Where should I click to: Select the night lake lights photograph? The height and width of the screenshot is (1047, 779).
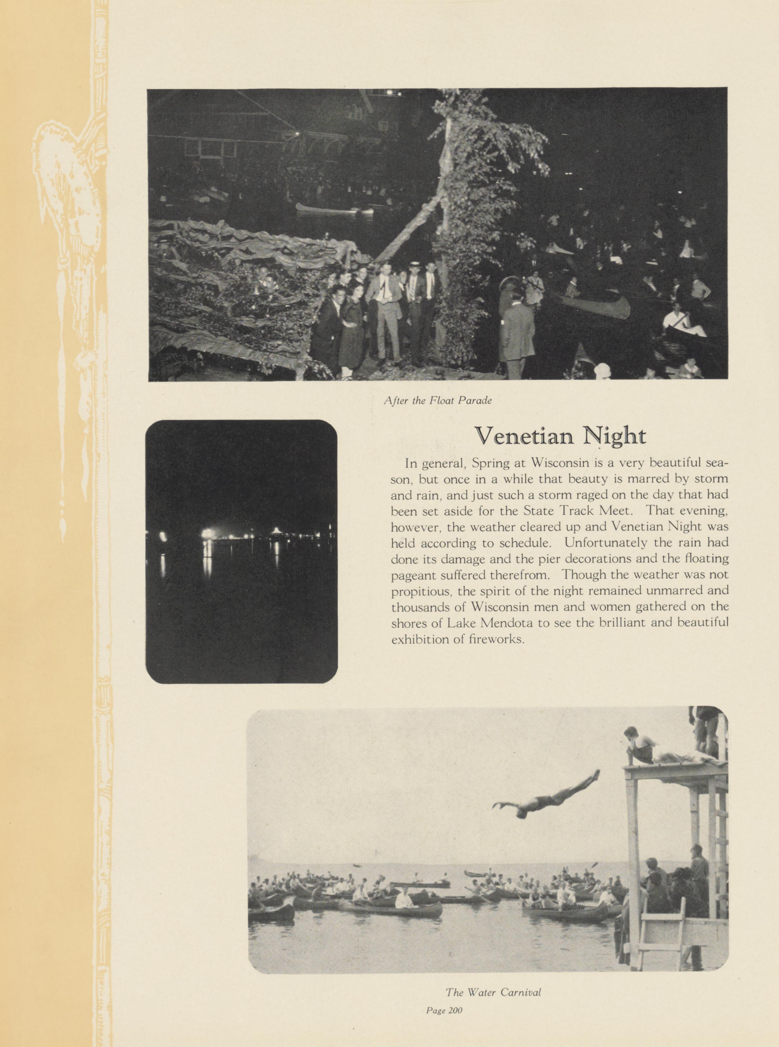click(x=241, y=551)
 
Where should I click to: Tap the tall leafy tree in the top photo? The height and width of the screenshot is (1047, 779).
click(x=476, y=198)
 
